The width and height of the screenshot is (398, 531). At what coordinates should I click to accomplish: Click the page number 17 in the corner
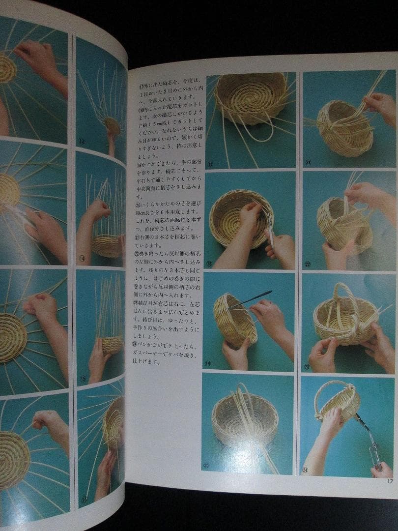[390, 480]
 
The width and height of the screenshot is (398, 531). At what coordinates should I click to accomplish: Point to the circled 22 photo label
[308, 264]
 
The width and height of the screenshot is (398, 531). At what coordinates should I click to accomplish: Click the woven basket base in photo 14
[107, 245]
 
